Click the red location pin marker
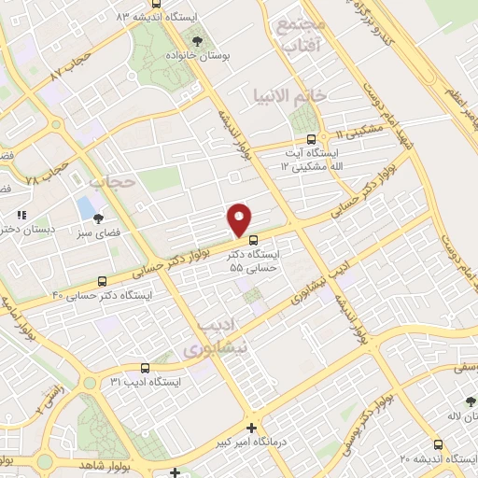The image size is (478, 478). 241,219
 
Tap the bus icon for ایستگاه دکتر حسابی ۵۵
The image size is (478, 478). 253,239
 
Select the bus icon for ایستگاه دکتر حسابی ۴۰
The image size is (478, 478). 102,280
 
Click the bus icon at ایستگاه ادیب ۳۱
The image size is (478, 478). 145,368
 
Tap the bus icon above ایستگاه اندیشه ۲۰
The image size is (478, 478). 438,444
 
